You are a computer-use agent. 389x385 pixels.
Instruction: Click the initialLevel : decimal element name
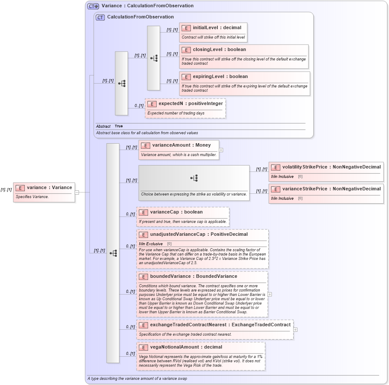(217, 28)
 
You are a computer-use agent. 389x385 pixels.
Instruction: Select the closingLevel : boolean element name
(219, 50)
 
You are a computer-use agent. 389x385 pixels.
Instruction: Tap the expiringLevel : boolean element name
(220, 77)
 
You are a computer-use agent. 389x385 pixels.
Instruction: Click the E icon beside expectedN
(151, 104)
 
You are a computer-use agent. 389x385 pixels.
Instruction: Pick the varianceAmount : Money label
(181, 145)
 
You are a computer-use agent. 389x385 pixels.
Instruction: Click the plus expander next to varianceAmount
(221, 150)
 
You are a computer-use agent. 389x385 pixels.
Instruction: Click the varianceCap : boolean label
(176, 212)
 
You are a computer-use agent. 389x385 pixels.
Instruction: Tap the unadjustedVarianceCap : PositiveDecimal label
(199, 235)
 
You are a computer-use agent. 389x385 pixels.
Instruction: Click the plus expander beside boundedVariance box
(270, 295)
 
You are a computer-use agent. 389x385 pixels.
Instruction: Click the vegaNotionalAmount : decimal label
(186, 347)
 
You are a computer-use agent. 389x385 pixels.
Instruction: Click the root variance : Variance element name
(49, 188)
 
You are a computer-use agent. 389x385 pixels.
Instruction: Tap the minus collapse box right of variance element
(77, 192)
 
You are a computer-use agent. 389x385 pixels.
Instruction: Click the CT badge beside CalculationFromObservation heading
(100, 17)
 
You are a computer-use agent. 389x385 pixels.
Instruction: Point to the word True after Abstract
(119, 126)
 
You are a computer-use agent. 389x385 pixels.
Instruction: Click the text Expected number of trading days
(176, 113)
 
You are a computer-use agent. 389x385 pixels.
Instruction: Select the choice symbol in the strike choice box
(194, 177)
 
